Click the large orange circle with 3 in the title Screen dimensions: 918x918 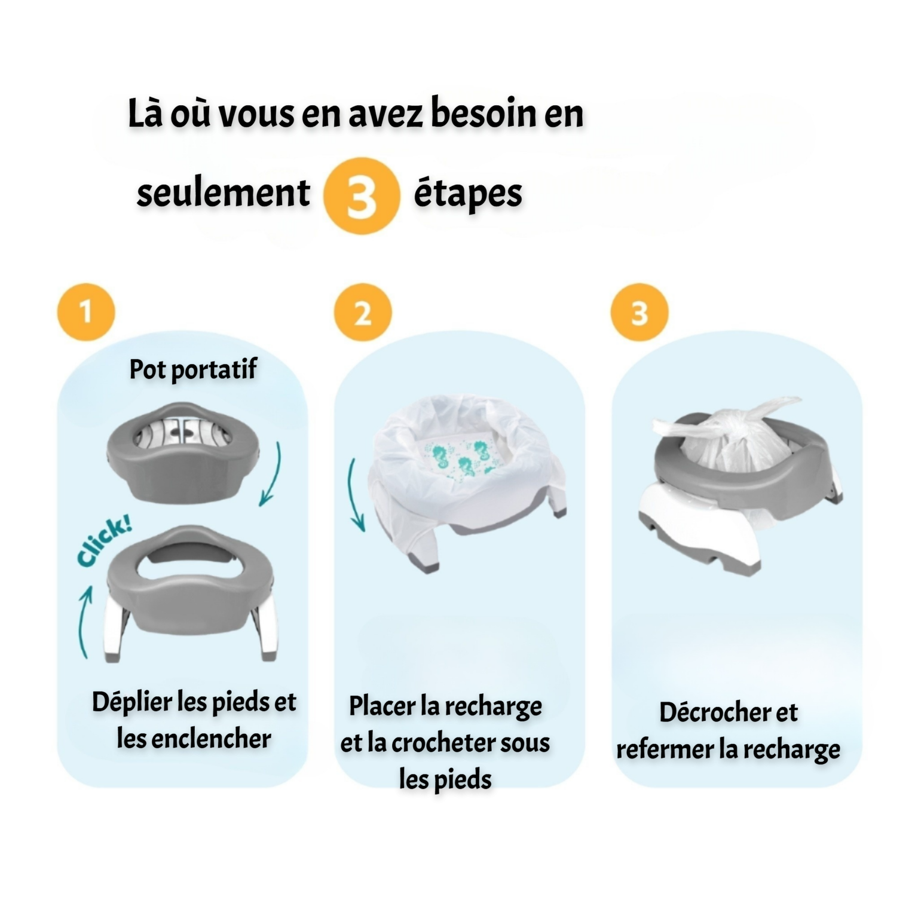(361, 195)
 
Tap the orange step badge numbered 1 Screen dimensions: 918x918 (86, 312)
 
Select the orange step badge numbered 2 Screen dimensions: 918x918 (363, 312)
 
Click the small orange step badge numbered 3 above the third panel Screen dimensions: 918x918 (639, 312)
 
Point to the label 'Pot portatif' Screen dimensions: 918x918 (193, 369)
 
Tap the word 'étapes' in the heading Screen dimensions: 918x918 (468, 194)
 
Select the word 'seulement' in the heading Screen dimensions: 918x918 (223, 192)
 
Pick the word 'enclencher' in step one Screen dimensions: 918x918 (211, 739)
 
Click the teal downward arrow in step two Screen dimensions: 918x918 (357, 495)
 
